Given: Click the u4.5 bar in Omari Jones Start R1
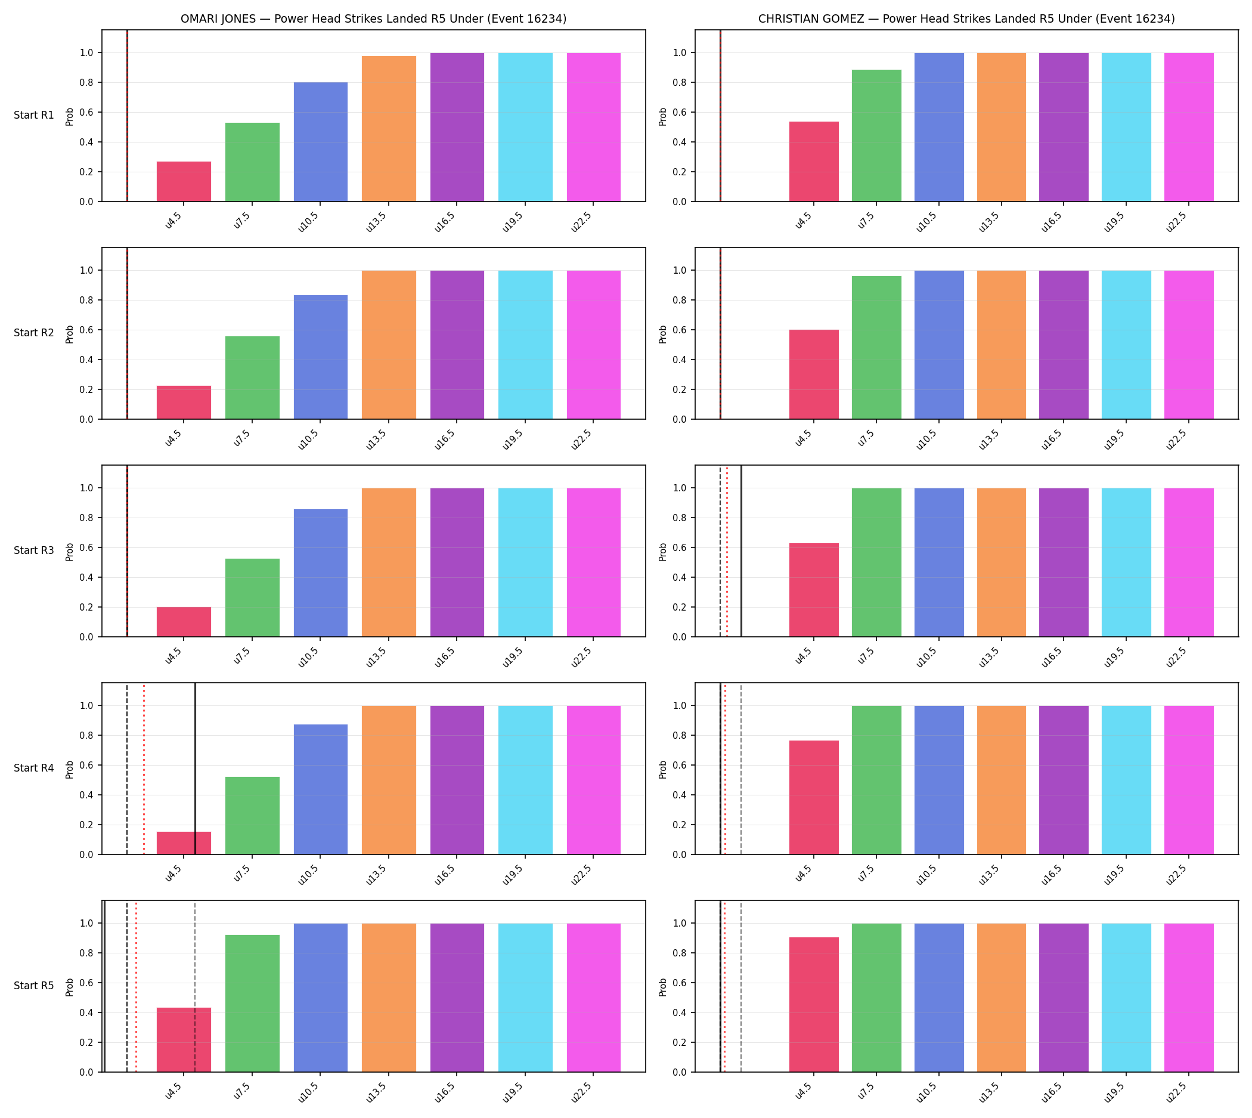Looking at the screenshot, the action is (x=184, y=181).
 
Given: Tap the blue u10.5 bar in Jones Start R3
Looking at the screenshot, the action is (x=321, y=572).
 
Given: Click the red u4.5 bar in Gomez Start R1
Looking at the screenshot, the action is (x=814, y=162).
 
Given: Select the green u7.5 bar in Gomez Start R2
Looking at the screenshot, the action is (x=876, y=348).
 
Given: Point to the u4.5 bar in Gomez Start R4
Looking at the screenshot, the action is (x=814, y=797).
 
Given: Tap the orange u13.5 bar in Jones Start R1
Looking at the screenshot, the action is (x=389, y=128).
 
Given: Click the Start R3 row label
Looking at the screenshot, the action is (x=34, y=550).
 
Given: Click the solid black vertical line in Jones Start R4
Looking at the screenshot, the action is (x=196, y=769).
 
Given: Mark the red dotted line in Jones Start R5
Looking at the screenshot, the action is (x=137, y=987).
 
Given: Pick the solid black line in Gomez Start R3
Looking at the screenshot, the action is (x=742, y=551).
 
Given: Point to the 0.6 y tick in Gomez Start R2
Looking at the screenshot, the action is (x=680, y=330).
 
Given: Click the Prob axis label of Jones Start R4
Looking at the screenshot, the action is (x=69, y=769).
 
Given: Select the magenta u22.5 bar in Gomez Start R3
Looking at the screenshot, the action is (x=1189, y=562).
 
